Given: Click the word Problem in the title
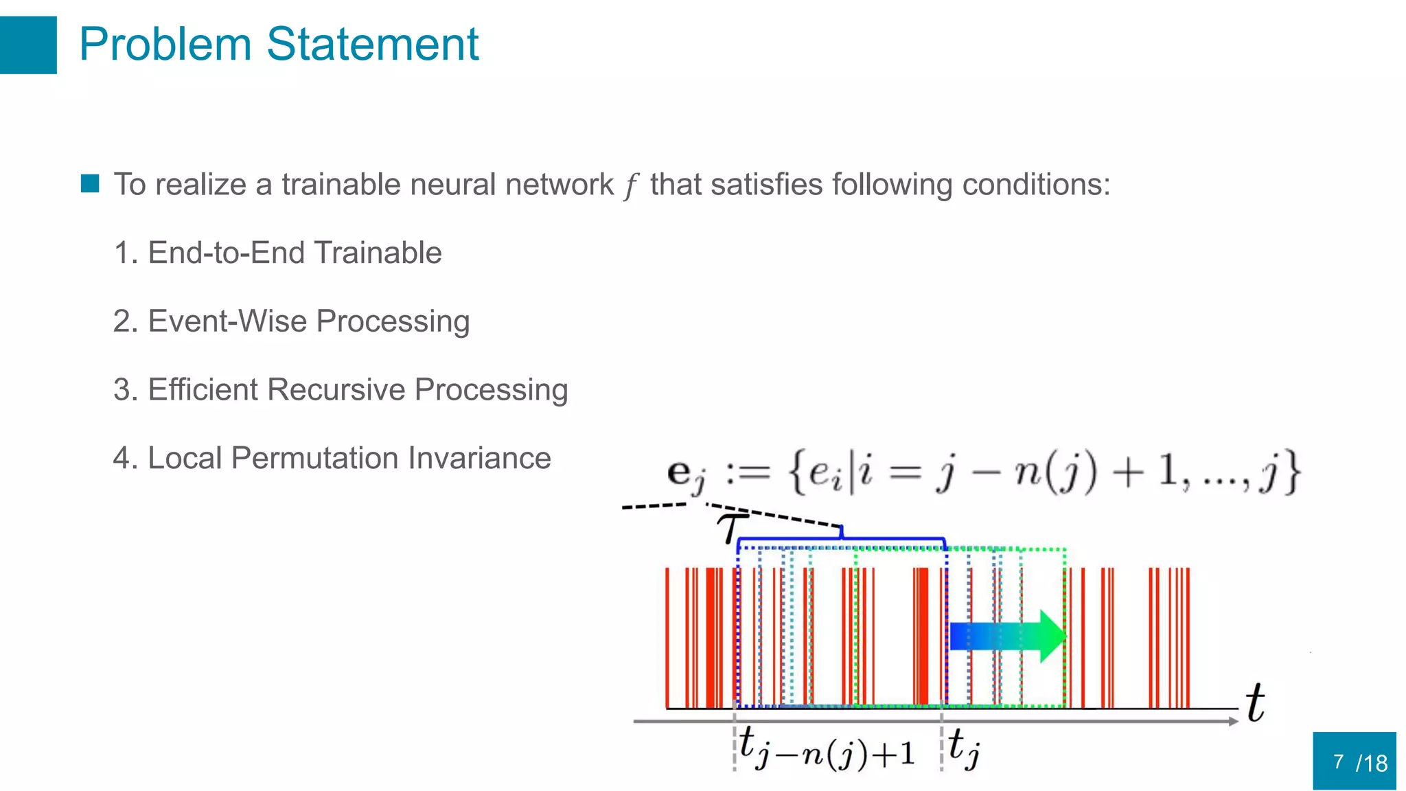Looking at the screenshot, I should click(x=165, y=45).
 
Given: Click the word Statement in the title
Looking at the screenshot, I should click(x=372, y=45).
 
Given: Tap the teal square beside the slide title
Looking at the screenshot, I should click(x=27, y=45).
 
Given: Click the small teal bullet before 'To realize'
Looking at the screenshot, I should click(x=90, y=183).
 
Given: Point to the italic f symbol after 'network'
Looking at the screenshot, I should click(x=630, y=185).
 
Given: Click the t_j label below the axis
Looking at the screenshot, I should click(x=964, y=748).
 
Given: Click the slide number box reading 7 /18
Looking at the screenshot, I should click(x=1354, y=761).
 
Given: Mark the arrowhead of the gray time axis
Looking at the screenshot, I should click(x=1232, y=721).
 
